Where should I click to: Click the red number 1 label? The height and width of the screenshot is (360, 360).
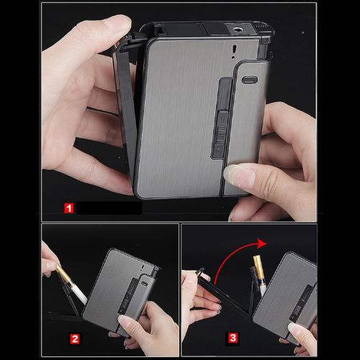(69, 208)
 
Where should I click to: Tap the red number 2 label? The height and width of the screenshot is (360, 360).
(75, 339)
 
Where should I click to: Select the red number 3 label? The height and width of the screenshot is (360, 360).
(233, 338)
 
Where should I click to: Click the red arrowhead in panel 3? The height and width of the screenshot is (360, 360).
(261, 243)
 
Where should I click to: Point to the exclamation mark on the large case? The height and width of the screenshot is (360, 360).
(234, 52)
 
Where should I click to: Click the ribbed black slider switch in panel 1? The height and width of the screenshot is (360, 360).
(220, 135)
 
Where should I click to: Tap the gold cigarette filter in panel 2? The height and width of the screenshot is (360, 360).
(63, 274)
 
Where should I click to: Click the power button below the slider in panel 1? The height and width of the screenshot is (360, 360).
(218, 150)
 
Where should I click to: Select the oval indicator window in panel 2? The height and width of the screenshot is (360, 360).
(144, 283)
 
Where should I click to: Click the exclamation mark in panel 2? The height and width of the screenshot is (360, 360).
(142, 269)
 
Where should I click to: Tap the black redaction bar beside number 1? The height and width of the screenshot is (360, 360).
(109, 207)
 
